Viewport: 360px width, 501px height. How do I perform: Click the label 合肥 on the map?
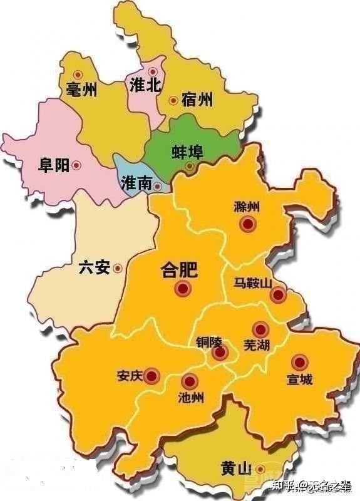click(x=179, y=270)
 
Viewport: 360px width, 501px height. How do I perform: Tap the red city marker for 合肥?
click(x=183, y=289)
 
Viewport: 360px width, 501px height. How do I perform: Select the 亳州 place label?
click(x=81, y=90)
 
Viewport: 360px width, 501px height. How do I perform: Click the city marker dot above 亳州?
click(x=78, y=74)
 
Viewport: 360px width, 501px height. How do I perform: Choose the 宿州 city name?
click(x=197, y=99)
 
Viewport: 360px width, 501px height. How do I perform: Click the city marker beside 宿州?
click(x=173, y=100)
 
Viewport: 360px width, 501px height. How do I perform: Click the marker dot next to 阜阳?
click(x=76, y=165)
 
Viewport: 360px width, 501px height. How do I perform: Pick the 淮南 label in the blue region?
click(x=136, y=183)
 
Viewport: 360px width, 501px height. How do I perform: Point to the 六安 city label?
click(x=94, y=268)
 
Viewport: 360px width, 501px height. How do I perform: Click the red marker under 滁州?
click(x=249, y=224)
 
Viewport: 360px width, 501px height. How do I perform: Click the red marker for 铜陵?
click(x=219, y=353)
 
